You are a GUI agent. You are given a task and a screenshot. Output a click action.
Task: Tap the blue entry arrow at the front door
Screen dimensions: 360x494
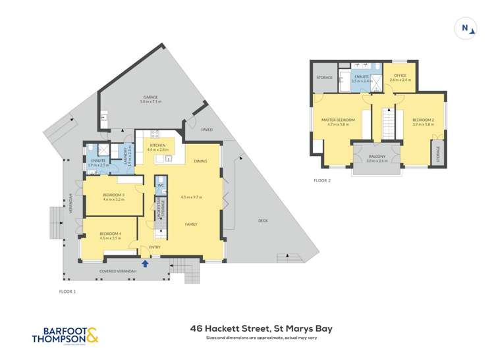click(145, 263)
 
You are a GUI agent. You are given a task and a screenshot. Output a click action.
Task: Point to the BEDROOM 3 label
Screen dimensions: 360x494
click(114, 195)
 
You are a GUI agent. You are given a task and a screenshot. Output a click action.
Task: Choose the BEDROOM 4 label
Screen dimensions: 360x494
click(110, 234)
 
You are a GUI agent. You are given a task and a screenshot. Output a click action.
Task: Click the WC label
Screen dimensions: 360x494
click(161, 186)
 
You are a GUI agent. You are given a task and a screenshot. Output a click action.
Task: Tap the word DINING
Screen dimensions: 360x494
click(201, 162)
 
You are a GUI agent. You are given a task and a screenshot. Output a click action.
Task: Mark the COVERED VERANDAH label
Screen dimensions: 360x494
click(119, 270)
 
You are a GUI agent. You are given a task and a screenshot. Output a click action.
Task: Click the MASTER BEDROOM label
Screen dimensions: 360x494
click(338, 119)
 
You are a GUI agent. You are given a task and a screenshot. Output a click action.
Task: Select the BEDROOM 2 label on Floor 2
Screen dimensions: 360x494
click(422, 119)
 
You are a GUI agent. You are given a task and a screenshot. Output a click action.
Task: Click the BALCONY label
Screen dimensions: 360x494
click(376, 155)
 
